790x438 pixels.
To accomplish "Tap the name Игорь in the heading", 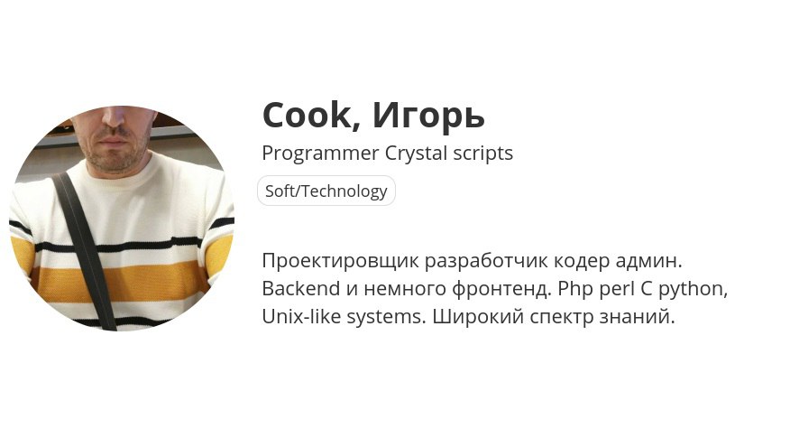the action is coord(428,116).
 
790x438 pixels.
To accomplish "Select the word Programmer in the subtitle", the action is coord(320,154).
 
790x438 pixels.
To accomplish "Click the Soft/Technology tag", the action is coord(326,191).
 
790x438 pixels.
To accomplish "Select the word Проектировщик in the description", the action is coord(341,261).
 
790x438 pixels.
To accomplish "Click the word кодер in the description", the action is coord(582,261).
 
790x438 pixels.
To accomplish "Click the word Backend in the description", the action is coord(301,289).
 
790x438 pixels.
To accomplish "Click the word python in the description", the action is coord(694,290).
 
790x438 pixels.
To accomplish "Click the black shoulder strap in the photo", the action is coord(85,251).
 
